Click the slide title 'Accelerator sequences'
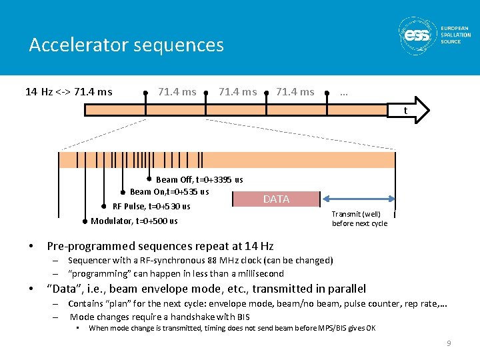tap(127, 45)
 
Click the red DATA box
tap(276, 199)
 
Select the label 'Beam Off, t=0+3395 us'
tap(199, 179)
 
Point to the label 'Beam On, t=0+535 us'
tap(169, 191)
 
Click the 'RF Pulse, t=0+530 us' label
tap(151, 206)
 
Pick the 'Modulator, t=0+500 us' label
tap(134, 221)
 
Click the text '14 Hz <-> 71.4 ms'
tap(69, 91)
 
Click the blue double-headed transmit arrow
tap(358, 198)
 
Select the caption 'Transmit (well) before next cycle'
tap(359, 219)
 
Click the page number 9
tap(449, 343)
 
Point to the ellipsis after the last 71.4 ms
tap(343, 92)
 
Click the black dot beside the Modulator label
tap(85, 221)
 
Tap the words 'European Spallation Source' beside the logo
tap(455, 35)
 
